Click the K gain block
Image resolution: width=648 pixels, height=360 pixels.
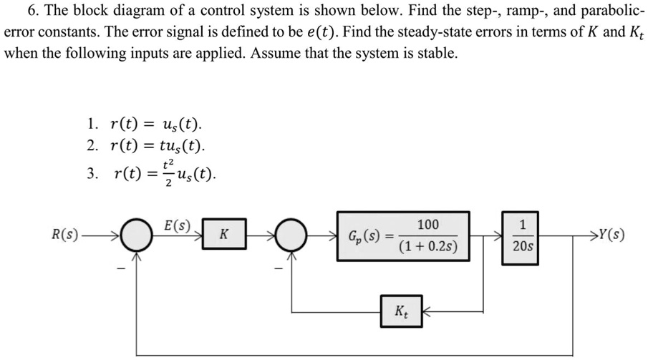tap(224, 234)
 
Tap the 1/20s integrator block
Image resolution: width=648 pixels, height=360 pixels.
tap(522, 235)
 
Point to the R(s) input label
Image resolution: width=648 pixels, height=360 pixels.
tap(65, 234)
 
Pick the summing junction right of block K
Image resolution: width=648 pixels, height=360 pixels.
tap(292, 235)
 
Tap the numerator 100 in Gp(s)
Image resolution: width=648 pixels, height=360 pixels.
tap(428, 225)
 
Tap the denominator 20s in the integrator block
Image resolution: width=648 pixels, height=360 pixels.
tap(522, 245)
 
